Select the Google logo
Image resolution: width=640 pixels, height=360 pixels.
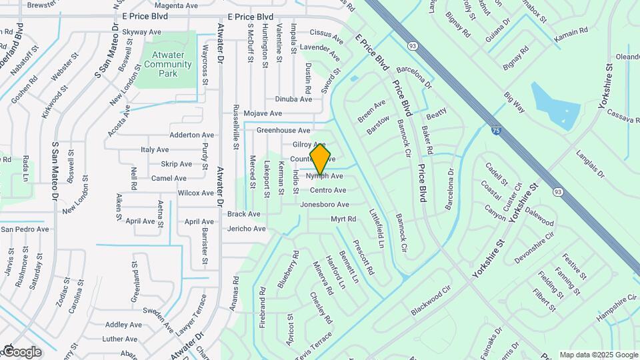coord(21,351)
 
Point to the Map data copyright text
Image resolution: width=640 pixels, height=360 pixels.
coord(599,355)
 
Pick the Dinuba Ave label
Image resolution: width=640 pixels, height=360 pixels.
coord(293,99)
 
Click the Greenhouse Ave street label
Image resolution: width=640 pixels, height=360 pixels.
coord(283,131)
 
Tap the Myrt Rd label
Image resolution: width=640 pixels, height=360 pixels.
coord(343,219)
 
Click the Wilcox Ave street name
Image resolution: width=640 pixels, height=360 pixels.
coord(195,193)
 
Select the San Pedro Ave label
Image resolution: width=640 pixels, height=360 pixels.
coord(25,229)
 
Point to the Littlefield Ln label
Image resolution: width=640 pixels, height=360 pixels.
coord(377,228)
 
